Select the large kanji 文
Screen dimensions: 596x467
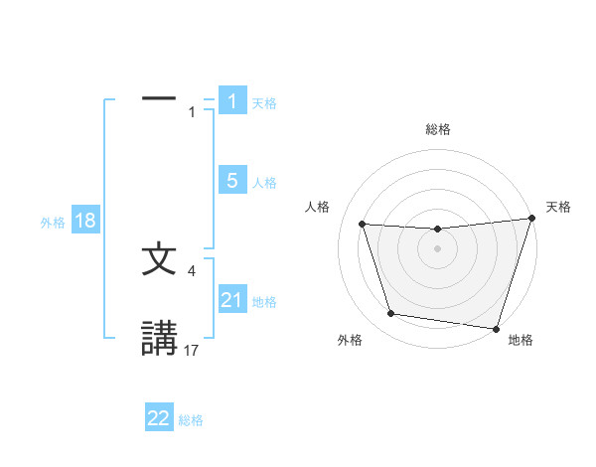159,259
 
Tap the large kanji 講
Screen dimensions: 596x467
159,338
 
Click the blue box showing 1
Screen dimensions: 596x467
232,100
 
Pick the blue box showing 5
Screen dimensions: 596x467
232,181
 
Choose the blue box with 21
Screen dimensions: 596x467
232,300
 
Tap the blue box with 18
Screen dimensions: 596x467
85,221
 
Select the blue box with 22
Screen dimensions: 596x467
159,418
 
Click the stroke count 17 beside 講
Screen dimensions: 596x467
192,349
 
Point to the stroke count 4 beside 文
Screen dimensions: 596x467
193,269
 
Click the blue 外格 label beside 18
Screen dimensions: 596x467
53,223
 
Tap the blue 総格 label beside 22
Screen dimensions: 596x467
191,420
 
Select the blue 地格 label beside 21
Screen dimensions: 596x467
264,302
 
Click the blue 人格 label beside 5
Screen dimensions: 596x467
264,183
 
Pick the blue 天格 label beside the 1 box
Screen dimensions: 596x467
264,102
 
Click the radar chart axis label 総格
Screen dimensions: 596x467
437,129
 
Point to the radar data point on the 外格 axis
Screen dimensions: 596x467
391,314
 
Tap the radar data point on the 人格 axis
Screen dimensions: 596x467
363,225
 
